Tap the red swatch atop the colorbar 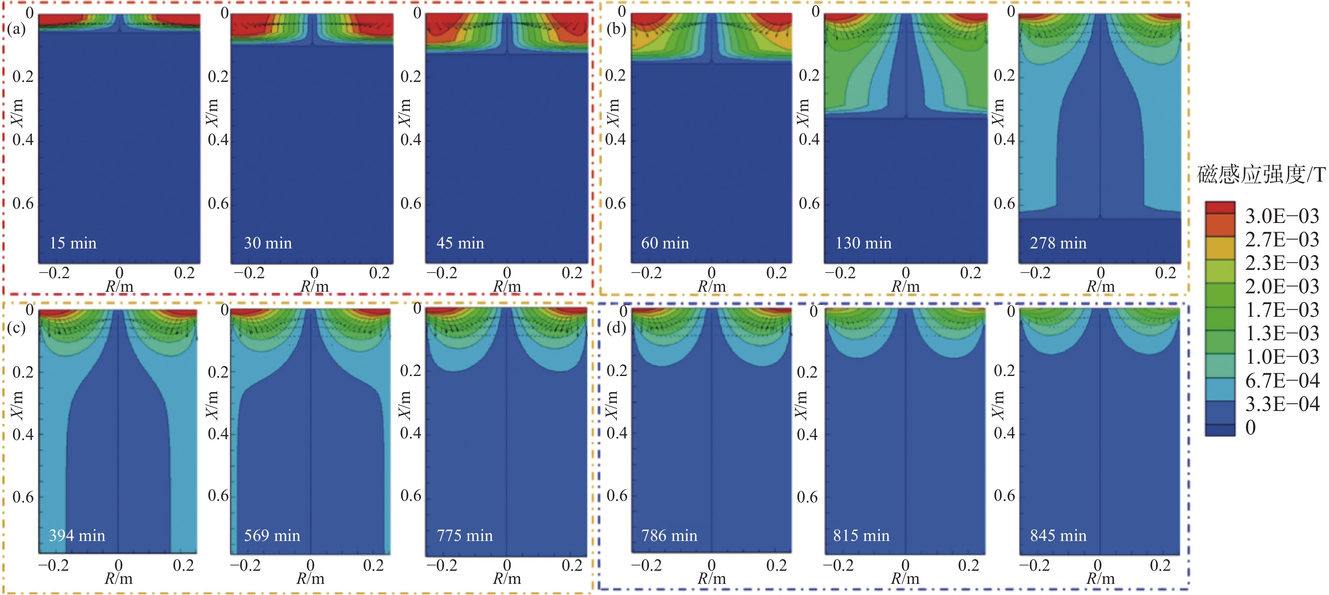click(x=1220, y=207)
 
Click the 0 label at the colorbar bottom click(x=1251, y=427)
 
